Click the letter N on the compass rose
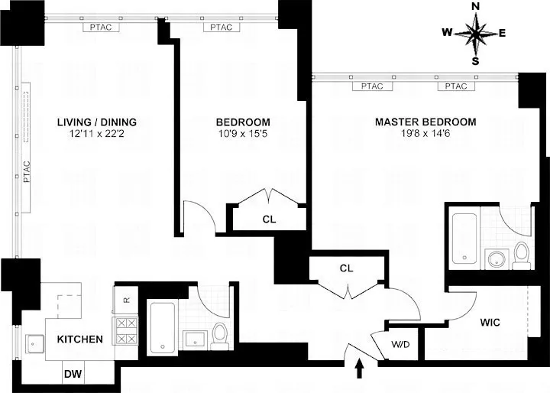tap(475, 7)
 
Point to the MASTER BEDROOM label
tap(425, 122)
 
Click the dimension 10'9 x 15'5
tap(242, 135)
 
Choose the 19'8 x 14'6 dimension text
tap(425, 135)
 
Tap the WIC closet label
tap(490, 323)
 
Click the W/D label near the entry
tap(400, 343)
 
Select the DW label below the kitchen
tap(73, 374)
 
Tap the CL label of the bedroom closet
tap(269, 219)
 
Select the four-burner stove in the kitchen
tap(125, 330)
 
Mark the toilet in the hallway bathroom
tap(219, 333)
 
